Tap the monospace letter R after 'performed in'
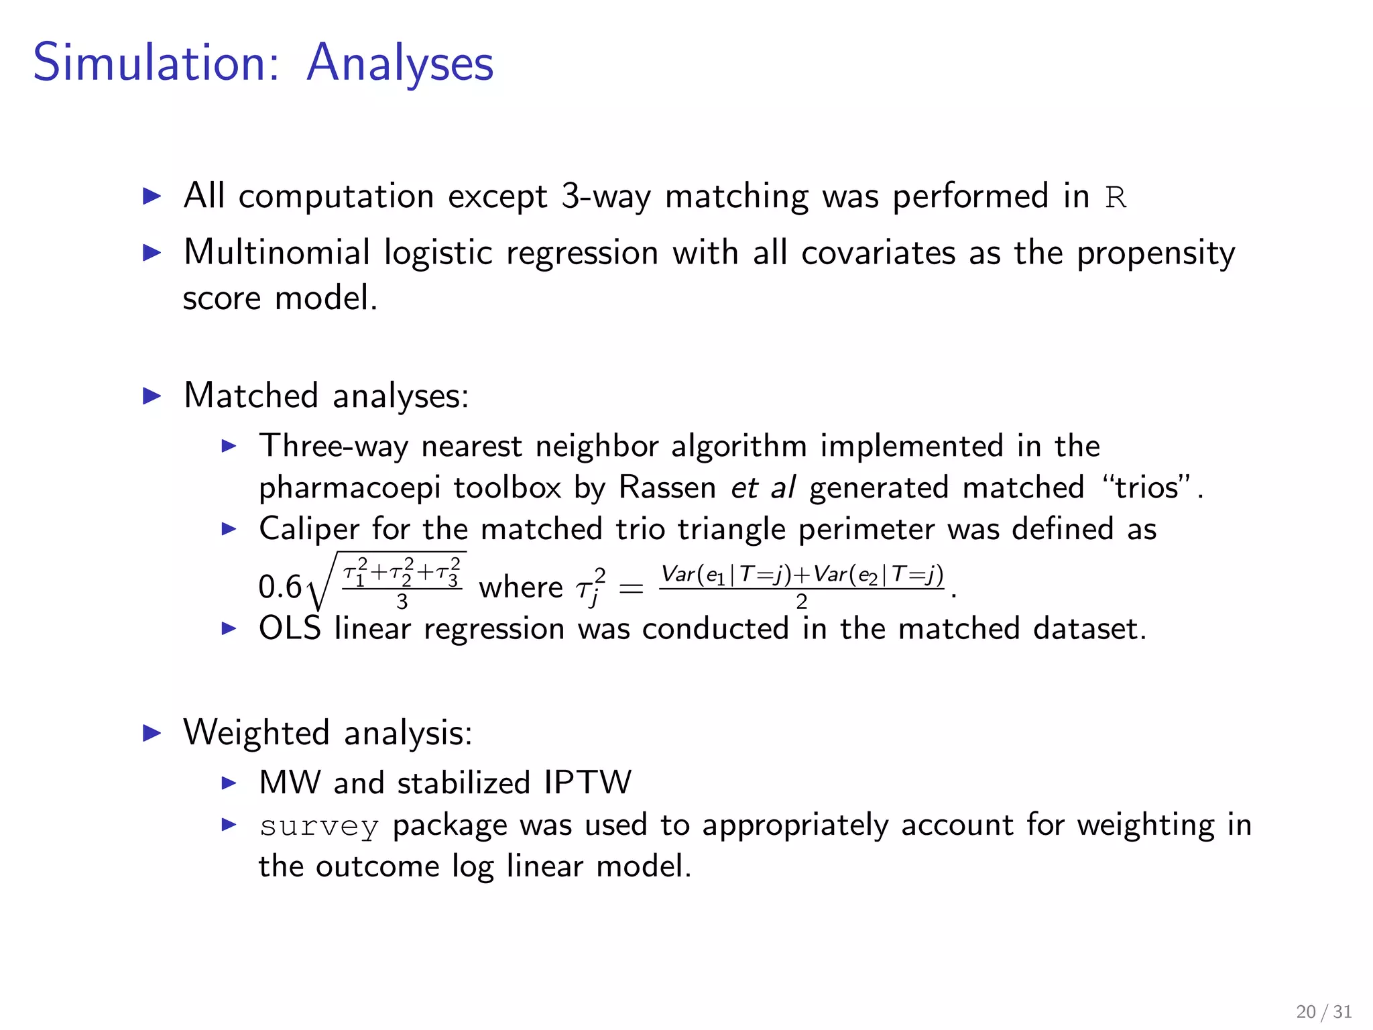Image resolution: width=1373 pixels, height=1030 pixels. tap(1116, 198)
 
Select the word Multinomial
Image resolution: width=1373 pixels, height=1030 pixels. tap(277, 253)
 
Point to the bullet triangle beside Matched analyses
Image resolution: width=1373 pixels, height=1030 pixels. tap(153, 396)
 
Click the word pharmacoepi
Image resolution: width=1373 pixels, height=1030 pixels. tap(349, 488)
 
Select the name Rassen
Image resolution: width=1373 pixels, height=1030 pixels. tap(668, 488)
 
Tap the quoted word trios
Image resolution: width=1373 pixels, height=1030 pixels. tap(1146, 488)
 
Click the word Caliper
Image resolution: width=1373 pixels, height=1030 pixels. tap(310, 529)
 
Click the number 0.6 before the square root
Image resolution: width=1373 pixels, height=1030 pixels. tap(280, 587)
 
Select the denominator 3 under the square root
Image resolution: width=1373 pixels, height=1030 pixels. tap(402, 602)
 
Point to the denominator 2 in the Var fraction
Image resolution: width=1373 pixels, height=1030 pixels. tap(801, 602)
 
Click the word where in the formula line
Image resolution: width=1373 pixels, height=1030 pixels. tap(521, 588)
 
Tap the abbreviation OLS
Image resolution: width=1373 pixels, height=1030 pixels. tap(290, 629)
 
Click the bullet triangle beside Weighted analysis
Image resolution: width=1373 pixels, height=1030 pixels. tap(153, 733)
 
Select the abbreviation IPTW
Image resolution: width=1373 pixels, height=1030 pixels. tap(587, 783)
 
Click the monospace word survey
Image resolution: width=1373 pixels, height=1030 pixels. tap(319, 826)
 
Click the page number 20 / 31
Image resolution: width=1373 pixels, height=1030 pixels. tap(1323, 1011)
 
